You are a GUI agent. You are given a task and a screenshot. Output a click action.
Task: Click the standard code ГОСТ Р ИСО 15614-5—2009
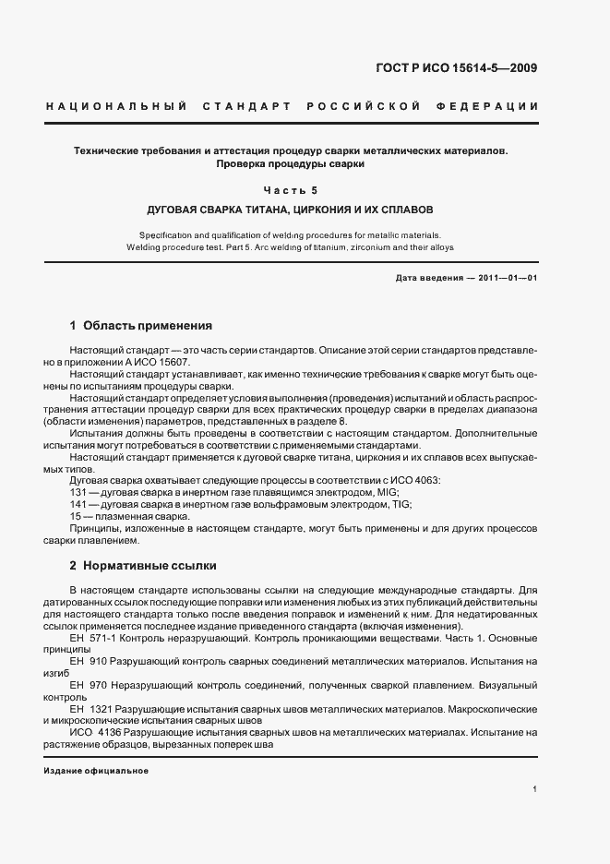coord(471,67)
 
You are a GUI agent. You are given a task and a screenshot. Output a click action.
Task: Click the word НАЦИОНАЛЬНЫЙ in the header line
coord(116,107)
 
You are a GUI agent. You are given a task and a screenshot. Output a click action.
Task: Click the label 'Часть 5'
coord(291,191)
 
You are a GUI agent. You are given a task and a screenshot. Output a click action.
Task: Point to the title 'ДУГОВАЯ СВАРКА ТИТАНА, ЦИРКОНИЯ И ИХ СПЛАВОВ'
coord(291,210)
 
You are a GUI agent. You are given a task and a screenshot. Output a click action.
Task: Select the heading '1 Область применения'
coord(141,326)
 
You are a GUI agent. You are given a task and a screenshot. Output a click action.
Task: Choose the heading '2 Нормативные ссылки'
coord(143,564)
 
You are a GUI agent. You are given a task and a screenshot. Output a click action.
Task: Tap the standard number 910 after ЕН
coord(100,661)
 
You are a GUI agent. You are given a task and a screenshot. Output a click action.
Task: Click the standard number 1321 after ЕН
coord(102,709)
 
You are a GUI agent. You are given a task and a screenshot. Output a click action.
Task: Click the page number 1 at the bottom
coord(534,789)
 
